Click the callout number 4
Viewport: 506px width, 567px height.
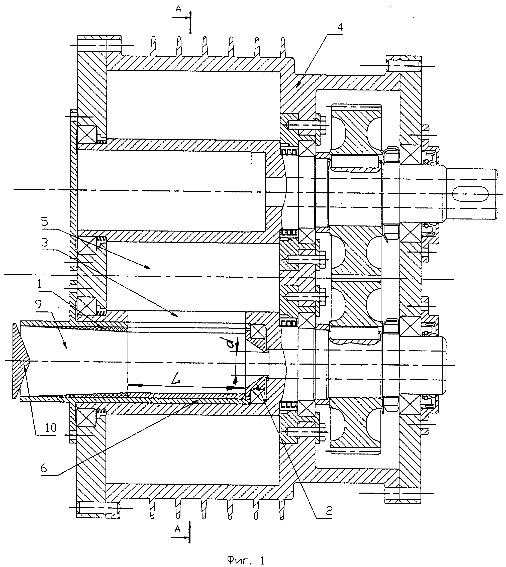[340, 28]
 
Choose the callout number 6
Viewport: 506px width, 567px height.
[44, 468]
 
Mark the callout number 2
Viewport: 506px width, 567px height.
[329, 510]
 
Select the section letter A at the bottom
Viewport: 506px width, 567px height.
[178, 529]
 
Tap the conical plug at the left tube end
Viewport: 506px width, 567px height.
[21, 361]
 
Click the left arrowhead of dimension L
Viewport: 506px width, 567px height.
[133, 385]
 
